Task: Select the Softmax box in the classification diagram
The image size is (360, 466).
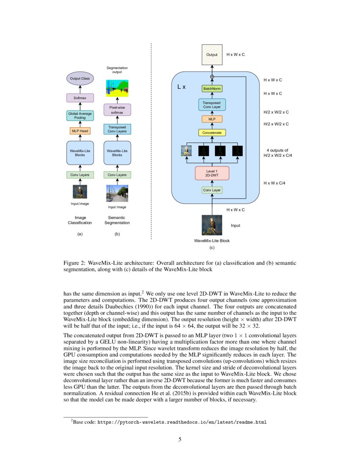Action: (x=80, y=98)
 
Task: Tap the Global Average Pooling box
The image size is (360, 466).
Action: (x=80, y=116)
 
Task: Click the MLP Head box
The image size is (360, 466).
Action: (x=80, y=131)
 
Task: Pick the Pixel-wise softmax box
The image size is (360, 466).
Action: (x=117, y=110)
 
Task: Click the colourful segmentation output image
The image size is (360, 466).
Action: (x=117, y=87)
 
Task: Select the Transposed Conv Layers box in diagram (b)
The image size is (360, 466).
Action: (x=117, y=129)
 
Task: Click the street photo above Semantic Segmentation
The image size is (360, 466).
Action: (x=117, y=193)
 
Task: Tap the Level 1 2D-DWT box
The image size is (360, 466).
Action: (x=212, y=173)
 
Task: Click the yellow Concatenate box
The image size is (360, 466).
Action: (x=212, y=133)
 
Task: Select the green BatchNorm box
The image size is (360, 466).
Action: (x=212, y=89)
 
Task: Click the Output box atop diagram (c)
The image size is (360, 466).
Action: (x=212, y=55)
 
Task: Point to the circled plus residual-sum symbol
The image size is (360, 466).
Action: (x=212, y=77)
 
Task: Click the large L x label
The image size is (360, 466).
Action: (x=181, y=86)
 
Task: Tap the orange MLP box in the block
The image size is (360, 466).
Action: (x=212, y=119)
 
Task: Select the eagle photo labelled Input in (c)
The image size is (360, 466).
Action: (x=212, y=225)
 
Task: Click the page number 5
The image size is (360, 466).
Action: (x=180, y=439)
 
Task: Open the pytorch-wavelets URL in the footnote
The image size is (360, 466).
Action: (x=182, y=422)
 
